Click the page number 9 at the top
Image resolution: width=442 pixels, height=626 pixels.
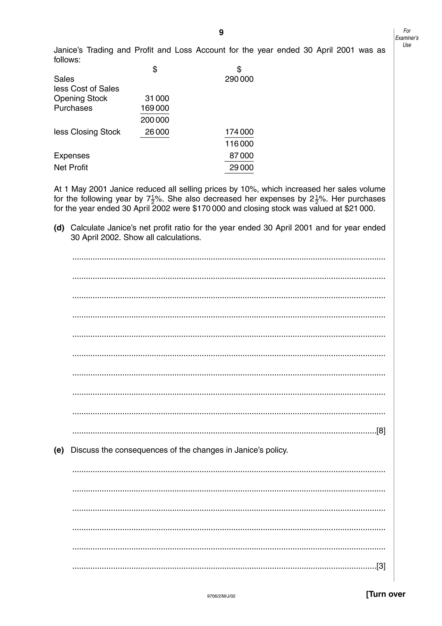coord(221,33)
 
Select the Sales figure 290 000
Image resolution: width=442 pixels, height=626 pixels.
coord(239,79)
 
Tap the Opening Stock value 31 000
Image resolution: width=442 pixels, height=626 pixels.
coord(157,99)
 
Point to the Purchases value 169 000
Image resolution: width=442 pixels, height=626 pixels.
coord(155,108)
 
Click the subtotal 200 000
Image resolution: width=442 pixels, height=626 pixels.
coord(155,120)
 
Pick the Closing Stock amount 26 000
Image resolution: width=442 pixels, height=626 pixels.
coord(157,132)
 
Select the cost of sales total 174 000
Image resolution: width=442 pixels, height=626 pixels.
coord(239,132)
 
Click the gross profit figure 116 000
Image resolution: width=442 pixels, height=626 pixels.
coord(239,144)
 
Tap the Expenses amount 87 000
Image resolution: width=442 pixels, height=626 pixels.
coord(241,156)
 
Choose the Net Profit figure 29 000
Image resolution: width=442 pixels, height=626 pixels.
coord(241,167)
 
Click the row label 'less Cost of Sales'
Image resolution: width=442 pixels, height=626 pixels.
coord(86,89)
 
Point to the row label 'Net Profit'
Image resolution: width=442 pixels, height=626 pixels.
coord(71,167)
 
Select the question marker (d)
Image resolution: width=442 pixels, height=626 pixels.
coord(59,228)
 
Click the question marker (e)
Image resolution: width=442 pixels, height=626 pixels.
coord(59,450)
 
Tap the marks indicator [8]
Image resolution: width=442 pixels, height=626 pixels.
coord(381,431)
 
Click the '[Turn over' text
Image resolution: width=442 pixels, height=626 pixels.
coord(385,594)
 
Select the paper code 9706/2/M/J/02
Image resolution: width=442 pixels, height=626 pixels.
coord(221,596)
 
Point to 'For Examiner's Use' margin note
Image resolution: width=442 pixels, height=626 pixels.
coord(407,38)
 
